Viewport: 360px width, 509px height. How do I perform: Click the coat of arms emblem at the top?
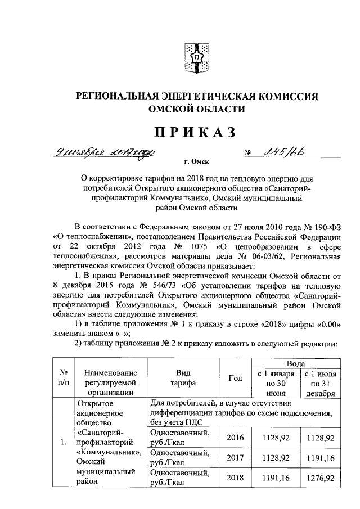tap(197, 57)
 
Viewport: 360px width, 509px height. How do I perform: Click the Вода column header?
tap(296, 364)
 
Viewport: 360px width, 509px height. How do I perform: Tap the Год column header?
tap(235, 379)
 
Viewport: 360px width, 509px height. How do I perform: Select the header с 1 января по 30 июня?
tap(273, 383)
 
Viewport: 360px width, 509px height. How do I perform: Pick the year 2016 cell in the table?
tap(235, 437)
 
